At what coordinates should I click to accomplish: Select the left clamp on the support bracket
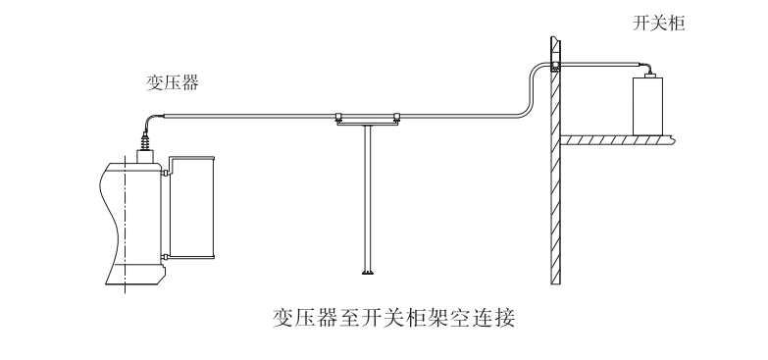point(338,116)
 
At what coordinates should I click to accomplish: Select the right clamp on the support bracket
point(396,116)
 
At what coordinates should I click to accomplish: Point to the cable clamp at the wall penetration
point(554,67)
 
